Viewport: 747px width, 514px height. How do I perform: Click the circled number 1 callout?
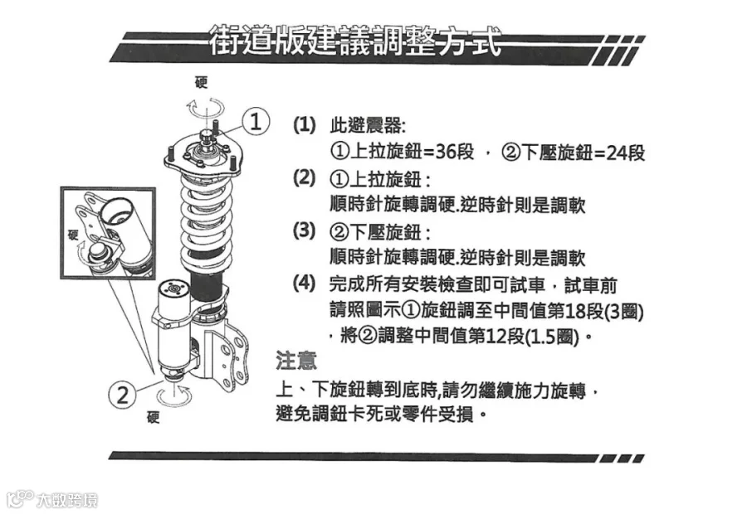click(x=256, y=121)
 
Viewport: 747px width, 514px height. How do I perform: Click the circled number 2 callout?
click(x=123, y=395)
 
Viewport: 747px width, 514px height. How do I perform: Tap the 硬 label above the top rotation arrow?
click(x=202, y=82)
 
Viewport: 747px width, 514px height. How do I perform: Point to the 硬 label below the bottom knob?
click(x=153, y=417)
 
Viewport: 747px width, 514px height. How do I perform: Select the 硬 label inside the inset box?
click(x=73, y=235)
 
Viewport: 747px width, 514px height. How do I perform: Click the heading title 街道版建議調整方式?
click(x=355, y=40)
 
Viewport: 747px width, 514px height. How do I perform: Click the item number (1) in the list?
click(x=304, y=125)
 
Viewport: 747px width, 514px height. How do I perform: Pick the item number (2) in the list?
click(x=304, y=178)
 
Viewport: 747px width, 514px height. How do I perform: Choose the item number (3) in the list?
click(x=304, y=230)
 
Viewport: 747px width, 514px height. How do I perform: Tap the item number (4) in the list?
click(x=304, y=284)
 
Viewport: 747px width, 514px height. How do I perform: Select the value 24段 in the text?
click(x=626, y=153)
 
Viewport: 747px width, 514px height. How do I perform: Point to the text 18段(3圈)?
click(x=603, y=312)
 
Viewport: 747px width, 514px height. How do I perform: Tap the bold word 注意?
click(x=295, y=361)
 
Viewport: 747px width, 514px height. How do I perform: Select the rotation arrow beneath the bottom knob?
click(x=174, y=397)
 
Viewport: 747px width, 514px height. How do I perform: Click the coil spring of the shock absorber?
click(x=206, y=219)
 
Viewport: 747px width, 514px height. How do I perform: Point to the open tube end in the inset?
click(x=118, y=211)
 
